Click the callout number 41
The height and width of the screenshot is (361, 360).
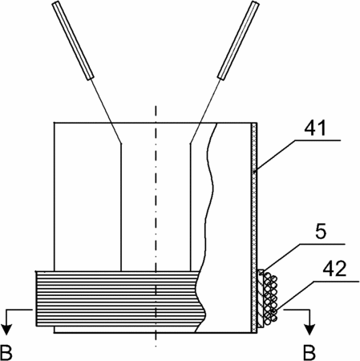point(315,128)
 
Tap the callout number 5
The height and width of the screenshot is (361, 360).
point(321,231)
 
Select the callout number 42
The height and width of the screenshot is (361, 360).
point(334,269)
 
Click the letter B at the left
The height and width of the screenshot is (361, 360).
point(6,353)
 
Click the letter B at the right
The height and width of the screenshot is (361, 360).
point(309,353)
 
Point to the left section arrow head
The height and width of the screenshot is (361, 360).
point(7,330)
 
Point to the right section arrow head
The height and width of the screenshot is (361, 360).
point(309,330)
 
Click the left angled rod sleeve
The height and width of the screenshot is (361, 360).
point(73,40)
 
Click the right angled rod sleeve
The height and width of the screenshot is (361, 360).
point(238,40)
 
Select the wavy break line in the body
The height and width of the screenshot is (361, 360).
point(206,227)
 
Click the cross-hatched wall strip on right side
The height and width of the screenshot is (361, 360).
point(255,228)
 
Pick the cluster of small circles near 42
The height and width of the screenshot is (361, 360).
point(270,298)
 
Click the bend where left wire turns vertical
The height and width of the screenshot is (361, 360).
point(121,143)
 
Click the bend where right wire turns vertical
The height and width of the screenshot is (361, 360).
point(190,144)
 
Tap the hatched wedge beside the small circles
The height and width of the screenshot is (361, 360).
point(261,298)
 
